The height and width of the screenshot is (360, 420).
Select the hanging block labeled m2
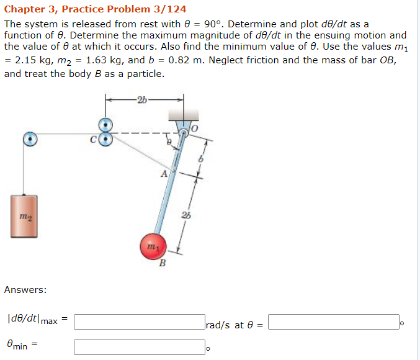[24, 215]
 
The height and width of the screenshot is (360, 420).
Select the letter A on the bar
[164, 174]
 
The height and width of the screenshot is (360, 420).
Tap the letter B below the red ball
[163, 263]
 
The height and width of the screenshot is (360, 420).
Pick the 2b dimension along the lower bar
[186, 216]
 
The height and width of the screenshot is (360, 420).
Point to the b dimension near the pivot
[200, 160]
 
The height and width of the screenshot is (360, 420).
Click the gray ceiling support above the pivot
[183, 114]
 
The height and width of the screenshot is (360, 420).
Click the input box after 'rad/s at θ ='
[334, 322]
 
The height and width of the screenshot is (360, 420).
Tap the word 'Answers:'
[25, 290]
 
